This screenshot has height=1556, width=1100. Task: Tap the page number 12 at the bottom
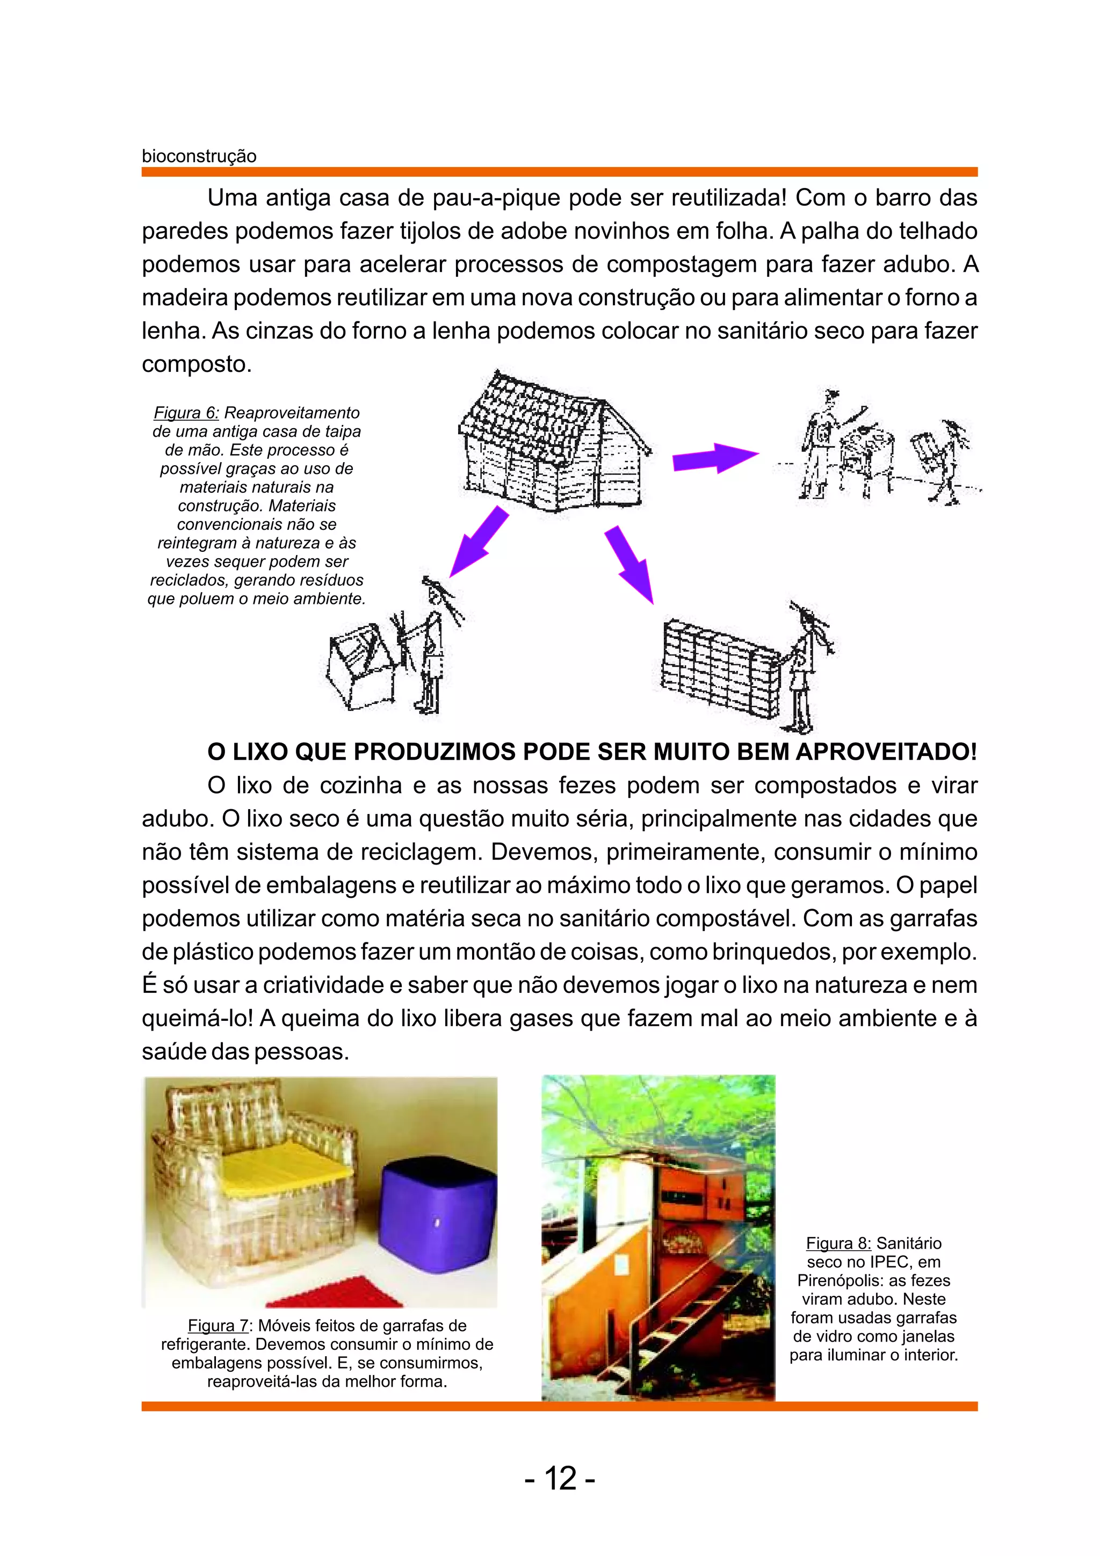[x=560, y=1478]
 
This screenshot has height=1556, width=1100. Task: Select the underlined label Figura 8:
[x=838, y=1244]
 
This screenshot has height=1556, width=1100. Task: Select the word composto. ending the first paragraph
[x=197, y=365]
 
